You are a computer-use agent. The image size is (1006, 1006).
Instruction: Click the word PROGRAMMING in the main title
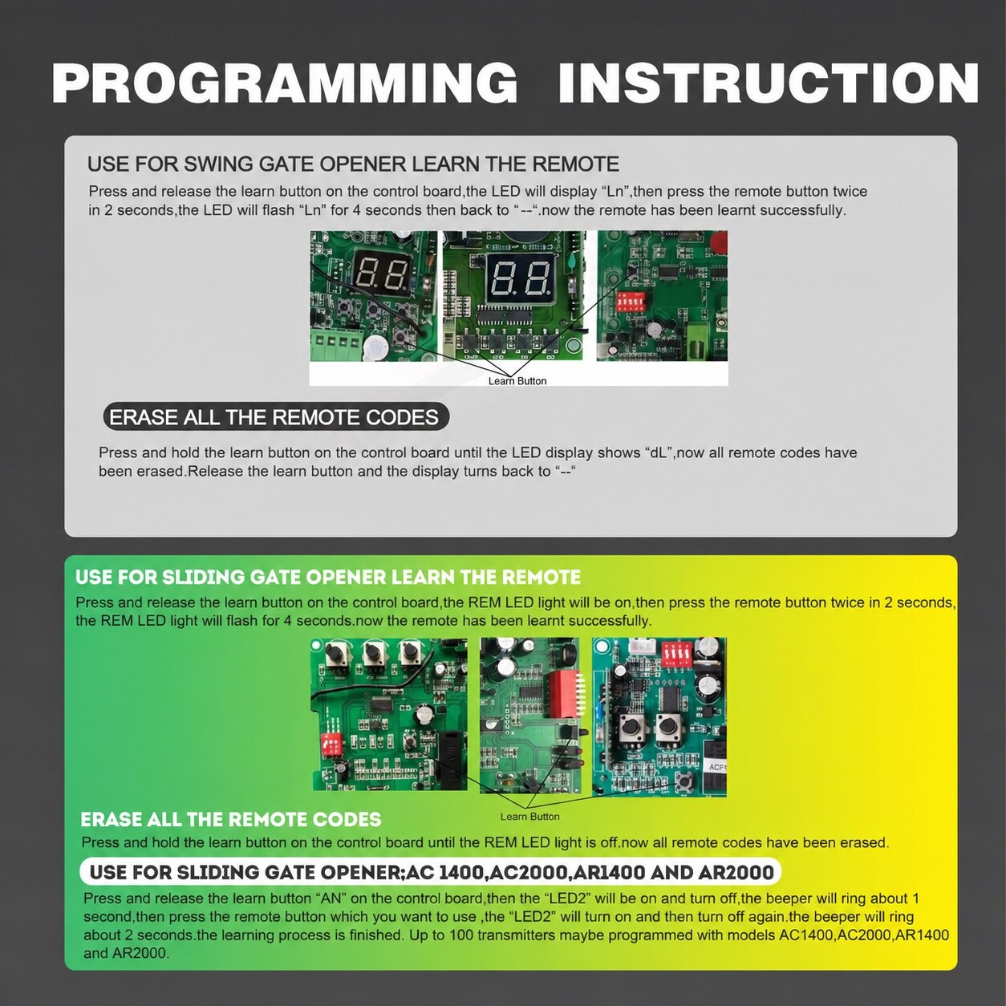285,83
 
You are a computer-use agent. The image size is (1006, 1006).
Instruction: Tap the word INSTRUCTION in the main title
768,83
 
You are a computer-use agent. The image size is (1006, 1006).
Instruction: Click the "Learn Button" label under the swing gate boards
517,381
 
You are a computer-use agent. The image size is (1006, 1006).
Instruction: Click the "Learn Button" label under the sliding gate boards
529,817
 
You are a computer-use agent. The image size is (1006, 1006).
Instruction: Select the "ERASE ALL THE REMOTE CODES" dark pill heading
276,418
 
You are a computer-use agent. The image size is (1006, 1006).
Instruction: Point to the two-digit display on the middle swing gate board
521,278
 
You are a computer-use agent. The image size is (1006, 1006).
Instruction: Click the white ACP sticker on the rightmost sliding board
716,767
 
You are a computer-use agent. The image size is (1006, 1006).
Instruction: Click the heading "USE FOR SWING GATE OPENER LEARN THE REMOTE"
353,164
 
